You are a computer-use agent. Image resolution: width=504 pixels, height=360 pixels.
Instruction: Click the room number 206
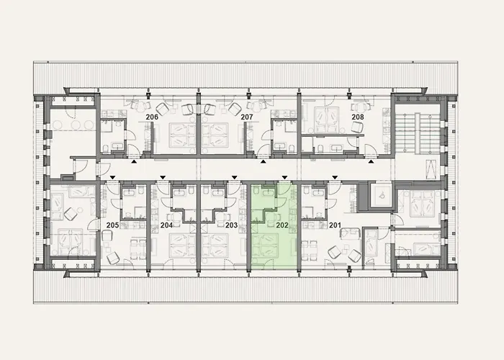[x=152, y=116]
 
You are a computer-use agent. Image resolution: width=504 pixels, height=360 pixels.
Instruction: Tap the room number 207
[x=247, y=116]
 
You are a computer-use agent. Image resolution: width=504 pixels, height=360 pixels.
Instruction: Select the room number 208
[x=357, y=116]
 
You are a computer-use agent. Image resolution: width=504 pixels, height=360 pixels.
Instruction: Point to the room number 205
[x=112, y=225]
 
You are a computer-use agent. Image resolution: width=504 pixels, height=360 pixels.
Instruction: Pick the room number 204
[x=166, y=225]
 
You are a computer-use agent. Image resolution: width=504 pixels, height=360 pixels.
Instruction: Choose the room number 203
[x=231, y=225]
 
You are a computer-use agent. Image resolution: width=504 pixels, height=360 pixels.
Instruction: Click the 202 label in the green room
[x=282, y=225]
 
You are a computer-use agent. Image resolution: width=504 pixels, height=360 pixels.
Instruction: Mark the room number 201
[x=335, y=225]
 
